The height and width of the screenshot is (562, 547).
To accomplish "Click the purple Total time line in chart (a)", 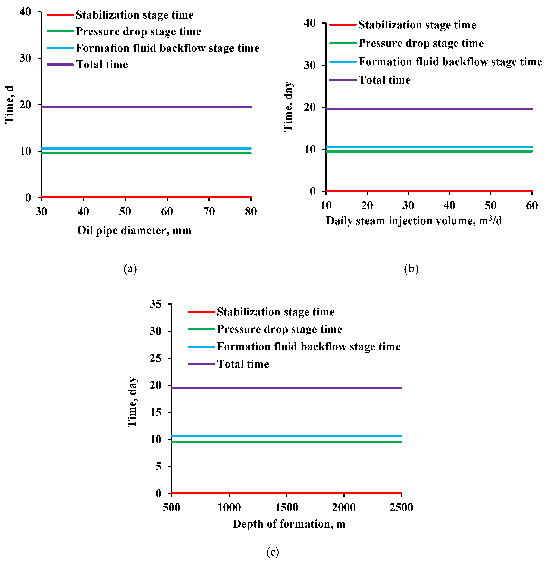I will click(x=147, y=107).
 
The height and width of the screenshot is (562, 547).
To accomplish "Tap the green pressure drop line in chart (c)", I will click(x=286, y=442).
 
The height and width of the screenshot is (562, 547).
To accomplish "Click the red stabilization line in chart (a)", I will click(x=147, y=197).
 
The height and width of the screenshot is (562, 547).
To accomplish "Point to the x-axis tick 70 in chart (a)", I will click(x=209, y=212).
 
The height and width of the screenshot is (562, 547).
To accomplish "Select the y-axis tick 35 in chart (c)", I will click(x=155, y=304).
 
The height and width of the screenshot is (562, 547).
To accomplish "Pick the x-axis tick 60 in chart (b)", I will click(x=532, y=206).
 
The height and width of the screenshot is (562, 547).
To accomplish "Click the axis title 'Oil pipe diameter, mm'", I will click(x=134, y=231).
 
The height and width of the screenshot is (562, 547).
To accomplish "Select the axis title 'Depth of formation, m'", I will click(x=289, y=524).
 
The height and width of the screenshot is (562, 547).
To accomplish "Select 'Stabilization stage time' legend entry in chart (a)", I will click(x=134, y=15).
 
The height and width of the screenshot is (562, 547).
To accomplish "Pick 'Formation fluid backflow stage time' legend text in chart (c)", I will click(x=308, y=347).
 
